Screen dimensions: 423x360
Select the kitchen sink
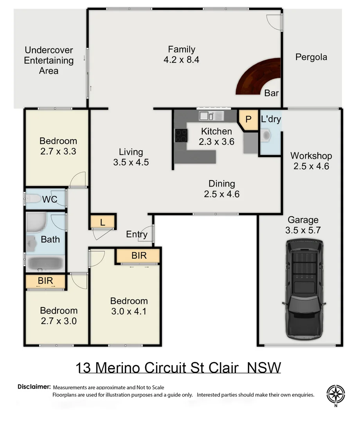pyautogui.click(x=210, y=116)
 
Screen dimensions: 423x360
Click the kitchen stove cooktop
pyautogui.click(x=181, y=135)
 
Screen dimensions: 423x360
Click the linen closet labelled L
pyautogui.click(x=103, y=222)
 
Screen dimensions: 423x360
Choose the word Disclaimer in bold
pyautogui.click(x=34, y=387)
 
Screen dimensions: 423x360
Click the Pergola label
pyautogui.click(x=311, y=57)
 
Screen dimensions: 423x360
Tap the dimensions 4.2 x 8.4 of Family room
pyautogui.click(x=182, y=60)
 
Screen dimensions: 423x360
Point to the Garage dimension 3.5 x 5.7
pyautogui.click(x=303, y=230)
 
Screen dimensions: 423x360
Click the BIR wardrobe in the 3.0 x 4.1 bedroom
pyautogui.click(x=139, y=256)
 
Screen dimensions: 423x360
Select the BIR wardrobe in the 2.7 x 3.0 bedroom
pyautogui.click(x=45, y=281)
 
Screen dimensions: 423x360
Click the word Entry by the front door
pyautogui.click(x=137, y=234)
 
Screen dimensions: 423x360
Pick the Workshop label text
pyautogui.click(x=311, y=156)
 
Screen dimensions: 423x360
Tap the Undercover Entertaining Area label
pyautogui.click(x=49, y=61)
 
